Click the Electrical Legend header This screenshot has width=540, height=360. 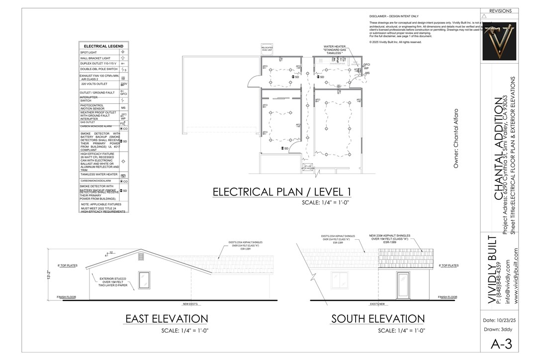103,46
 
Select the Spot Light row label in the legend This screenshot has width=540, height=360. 89,52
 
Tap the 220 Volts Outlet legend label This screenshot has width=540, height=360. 94,84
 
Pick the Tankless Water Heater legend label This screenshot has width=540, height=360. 99,175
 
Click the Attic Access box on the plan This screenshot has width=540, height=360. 308,168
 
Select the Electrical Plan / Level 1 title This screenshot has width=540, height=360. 282,192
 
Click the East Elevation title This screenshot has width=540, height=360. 166,319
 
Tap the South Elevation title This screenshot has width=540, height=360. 378,319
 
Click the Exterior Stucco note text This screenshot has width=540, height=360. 113,282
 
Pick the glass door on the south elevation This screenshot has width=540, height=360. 403,285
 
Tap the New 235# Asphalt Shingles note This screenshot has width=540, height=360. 389,237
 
